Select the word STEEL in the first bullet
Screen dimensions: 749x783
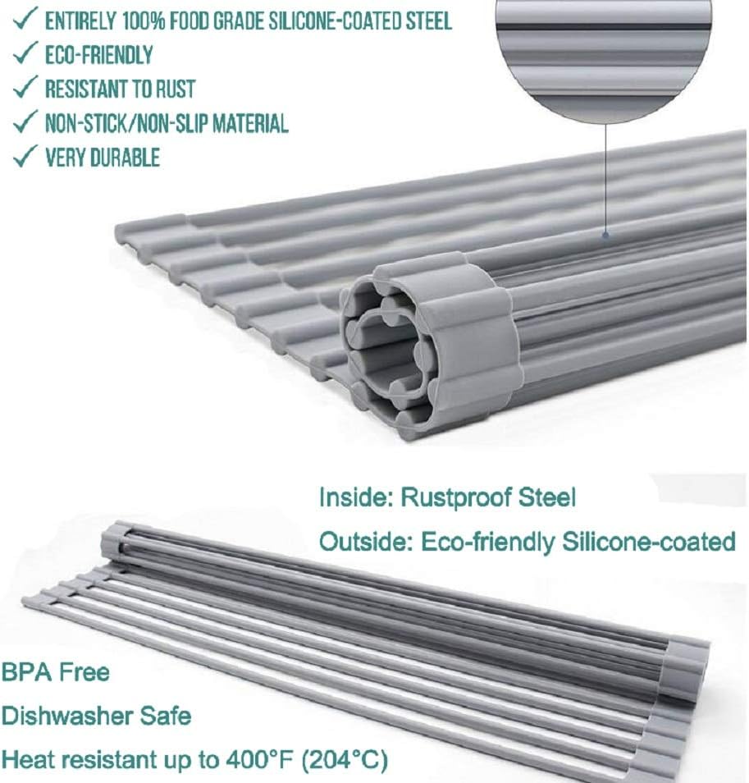coord(423,21)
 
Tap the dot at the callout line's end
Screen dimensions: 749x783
coord(605,236)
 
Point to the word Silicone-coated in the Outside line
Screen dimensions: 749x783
coord(650,542)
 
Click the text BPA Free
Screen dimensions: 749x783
coord(55,673)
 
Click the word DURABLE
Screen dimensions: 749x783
coord(126,157)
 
